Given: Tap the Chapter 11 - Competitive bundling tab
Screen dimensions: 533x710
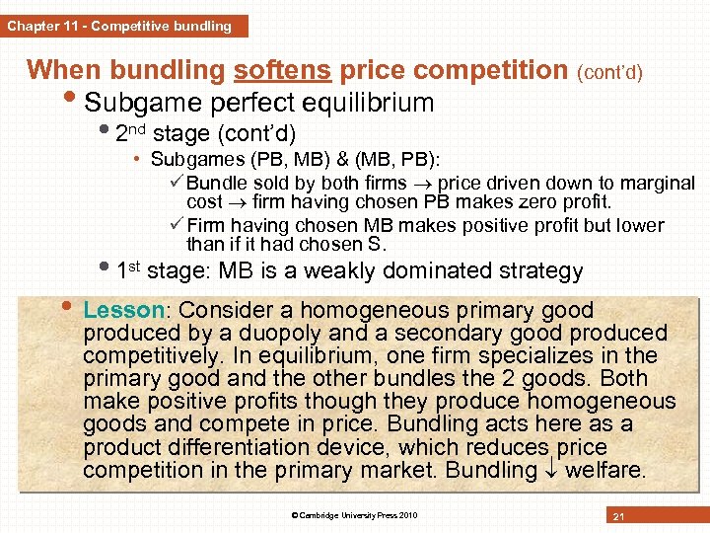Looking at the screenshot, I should click(x=119, y=26).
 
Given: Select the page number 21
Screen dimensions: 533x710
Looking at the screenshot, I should click(x=619, y=516).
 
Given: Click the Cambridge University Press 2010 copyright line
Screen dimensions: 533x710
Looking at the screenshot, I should click(x=354, y=515).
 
